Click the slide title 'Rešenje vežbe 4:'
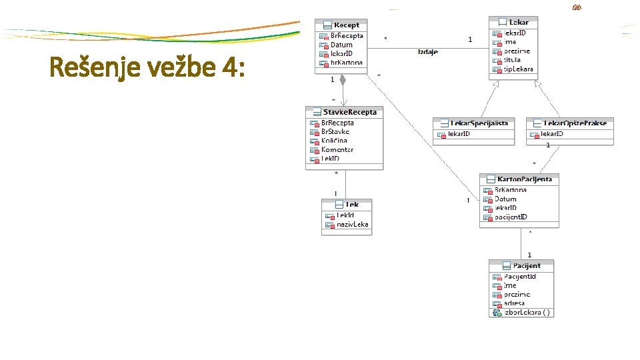[147, 67]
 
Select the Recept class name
[346, 25]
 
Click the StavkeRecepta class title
[349, 112]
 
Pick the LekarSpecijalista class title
[479, 123]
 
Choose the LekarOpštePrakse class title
[575, 123]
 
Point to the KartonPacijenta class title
[524, 179]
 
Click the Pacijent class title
[527, 265]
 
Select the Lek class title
[352, 205]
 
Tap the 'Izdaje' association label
[427, 52]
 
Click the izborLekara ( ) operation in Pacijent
[527, 312]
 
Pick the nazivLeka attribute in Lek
[352, 225]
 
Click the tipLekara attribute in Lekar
[517, 69]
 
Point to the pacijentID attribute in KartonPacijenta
[511, 217]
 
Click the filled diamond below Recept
[343, 80]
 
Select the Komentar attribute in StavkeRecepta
[337, 150]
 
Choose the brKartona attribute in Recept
[345, 63]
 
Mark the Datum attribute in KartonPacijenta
[505, 199]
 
